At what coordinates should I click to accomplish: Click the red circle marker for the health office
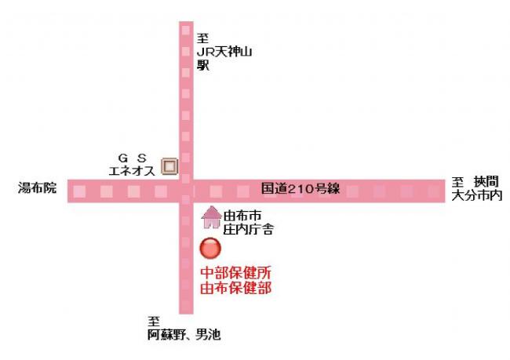pos(210,249)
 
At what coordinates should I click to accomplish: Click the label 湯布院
pos(38,189)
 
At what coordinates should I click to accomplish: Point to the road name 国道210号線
pos(301,189)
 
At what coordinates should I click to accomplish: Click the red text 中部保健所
pos(235,273)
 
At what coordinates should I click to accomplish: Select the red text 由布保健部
pos(235,287)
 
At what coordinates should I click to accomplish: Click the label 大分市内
pos(476,195)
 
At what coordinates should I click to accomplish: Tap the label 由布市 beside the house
pos(241,216)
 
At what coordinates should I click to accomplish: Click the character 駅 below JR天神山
pos(203,66)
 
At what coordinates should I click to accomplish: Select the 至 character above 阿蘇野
pos(154,322)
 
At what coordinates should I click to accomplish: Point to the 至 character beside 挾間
pos(458,182)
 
